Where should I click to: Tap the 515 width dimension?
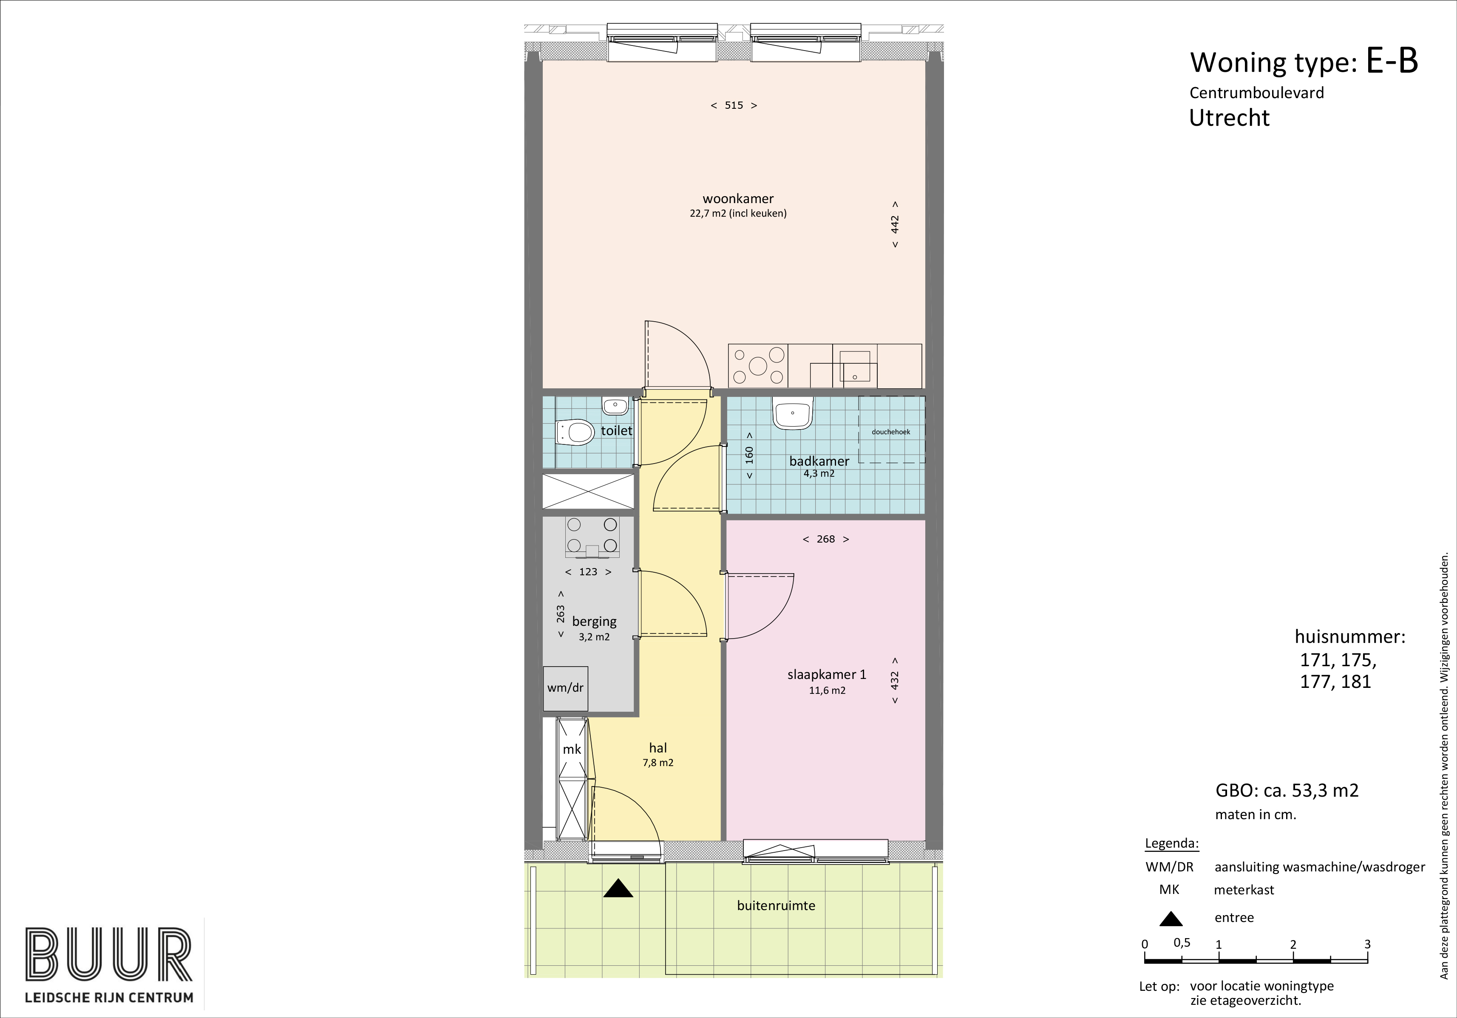734,105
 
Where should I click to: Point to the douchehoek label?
891,432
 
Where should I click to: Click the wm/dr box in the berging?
565,687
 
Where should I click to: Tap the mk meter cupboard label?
572,750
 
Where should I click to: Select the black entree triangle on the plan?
618,888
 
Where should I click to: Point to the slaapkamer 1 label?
827,675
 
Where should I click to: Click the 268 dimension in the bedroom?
825,539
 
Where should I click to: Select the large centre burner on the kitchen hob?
758,365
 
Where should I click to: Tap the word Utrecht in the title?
1229,118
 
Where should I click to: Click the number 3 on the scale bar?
1367,944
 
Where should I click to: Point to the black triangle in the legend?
1171,919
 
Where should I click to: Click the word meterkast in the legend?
1244,890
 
